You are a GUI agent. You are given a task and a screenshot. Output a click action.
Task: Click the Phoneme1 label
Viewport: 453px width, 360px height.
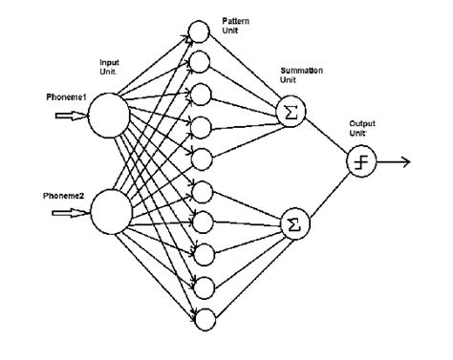tap(66, 97)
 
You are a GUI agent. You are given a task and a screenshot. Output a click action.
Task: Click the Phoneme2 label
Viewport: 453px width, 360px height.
tap(66, 196)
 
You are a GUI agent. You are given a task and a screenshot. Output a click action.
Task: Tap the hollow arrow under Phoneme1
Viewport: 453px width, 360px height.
tap(69, 116)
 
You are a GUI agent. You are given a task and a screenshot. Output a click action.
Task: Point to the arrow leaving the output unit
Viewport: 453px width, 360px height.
tap(394, 161)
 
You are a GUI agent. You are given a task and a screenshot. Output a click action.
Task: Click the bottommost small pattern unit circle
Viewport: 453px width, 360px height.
tap(202, 318)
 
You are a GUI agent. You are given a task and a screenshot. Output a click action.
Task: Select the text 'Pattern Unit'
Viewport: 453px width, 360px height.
tap(235, 26)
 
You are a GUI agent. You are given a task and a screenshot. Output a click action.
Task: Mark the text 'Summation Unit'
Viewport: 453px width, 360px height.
tap(300, 76)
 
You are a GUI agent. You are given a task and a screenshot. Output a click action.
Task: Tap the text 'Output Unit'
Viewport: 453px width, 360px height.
tap(361, 127)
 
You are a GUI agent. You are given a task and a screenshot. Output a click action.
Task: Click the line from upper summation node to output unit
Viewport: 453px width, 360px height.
tap(324, 137)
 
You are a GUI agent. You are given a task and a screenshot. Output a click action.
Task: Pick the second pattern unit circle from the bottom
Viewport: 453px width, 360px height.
tap(202, 286)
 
